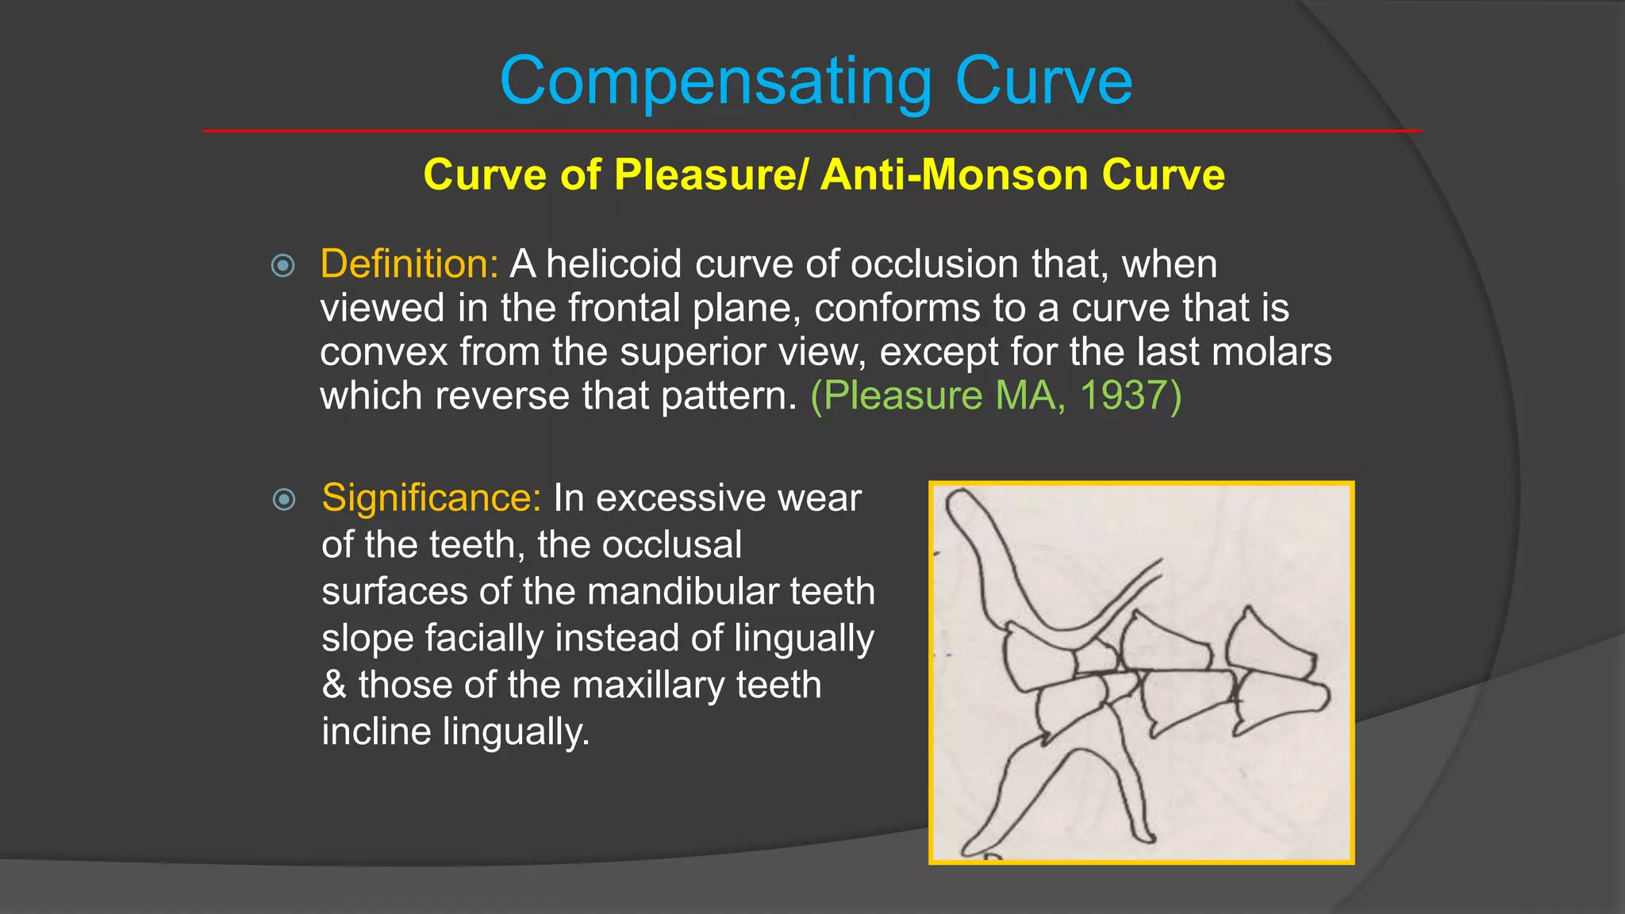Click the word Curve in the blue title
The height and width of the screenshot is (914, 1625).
coord(1043,82)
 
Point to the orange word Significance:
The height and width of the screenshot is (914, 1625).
coord(432,498)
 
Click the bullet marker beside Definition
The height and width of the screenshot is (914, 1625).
coord(282,265)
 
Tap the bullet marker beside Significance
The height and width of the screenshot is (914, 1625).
coord(283,499)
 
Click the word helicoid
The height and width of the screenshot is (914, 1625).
coord(614,263)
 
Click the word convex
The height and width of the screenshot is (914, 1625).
coord(383,351)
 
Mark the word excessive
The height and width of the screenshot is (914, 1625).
coord(680,498)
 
